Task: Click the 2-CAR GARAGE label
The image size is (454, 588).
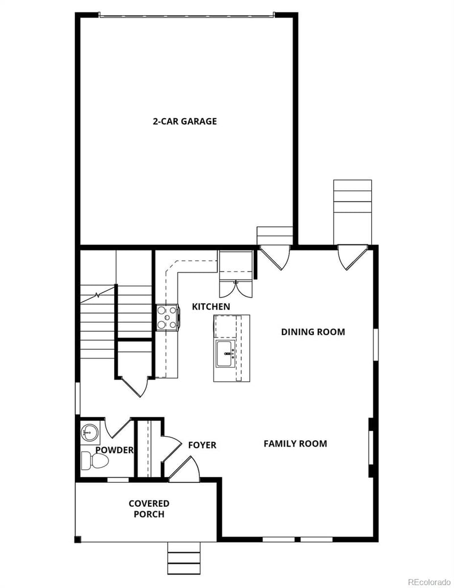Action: point(184,121)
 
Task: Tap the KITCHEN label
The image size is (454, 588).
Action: point(211,307)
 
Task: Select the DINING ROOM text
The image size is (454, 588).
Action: point(313,332)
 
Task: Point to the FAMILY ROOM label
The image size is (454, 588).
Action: point(295,444)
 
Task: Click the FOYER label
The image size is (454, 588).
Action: point(202,445)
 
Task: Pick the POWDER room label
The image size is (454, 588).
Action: point(114,450)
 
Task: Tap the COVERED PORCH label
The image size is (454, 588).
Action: point(149,508)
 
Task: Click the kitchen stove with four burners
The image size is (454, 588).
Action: point(167,317)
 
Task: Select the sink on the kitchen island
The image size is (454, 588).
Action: point(225,355)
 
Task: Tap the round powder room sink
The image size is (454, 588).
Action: point(89,432)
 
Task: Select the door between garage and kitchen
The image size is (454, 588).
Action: point(275,257)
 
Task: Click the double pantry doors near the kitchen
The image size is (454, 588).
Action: point(236,289)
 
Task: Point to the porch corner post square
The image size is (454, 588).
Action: point(78,539)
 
